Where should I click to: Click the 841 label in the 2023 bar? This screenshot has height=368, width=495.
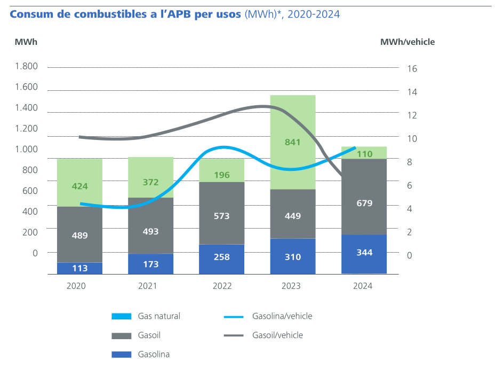pos(293,142)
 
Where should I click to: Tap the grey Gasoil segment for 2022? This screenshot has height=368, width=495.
pos(221,213)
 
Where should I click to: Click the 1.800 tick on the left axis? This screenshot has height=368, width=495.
pos(26,66)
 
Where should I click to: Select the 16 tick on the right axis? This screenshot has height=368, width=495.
pos(412,68)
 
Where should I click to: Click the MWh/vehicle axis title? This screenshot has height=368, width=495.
pos(407,42)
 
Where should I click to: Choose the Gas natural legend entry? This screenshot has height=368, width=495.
pos(159,316)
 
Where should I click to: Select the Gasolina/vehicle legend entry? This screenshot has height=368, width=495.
pos(282,316)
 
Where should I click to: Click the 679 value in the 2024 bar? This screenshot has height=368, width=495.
pos(364,203)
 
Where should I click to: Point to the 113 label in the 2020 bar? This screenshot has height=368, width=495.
pos(79,268)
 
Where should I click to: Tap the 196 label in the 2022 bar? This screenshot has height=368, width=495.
pos(221,175)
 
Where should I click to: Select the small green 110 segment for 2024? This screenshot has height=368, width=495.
pos(364,153)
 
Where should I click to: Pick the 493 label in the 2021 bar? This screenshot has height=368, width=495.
pos(150,231)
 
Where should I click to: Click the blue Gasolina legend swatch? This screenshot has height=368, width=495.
pos(121,354)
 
